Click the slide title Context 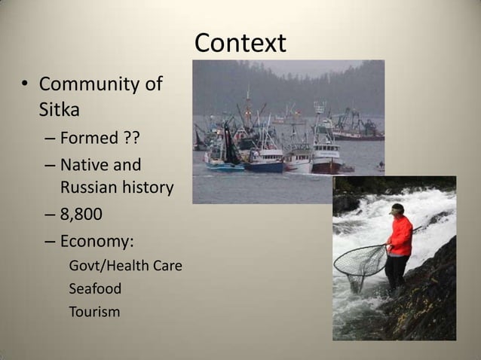tap(240, 43)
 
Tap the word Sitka tap(60, 110)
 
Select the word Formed tap(89, 139)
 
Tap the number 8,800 tap(81, 215)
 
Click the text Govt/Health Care tap(125, 266)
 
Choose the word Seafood tap(95, 288)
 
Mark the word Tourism tap(94, 311)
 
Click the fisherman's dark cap tap(397, 208)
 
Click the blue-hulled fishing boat tap(262, 166)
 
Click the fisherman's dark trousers tap(396, 272)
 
